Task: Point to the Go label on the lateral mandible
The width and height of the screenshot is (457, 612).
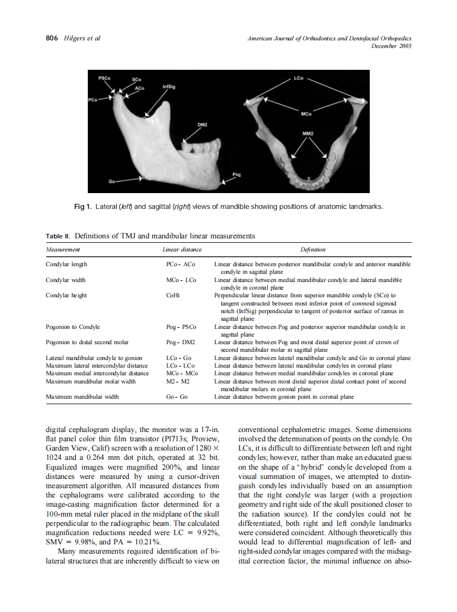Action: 111,181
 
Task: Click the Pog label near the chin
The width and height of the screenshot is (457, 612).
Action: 236,174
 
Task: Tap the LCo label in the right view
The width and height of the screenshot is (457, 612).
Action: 298,79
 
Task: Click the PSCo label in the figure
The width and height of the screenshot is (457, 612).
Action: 104,78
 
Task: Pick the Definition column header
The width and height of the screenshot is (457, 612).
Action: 312,249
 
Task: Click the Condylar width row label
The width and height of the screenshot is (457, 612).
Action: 65,280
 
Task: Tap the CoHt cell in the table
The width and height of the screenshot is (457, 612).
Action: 172,296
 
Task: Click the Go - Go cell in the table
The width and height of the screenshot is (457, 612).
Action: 177,397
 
